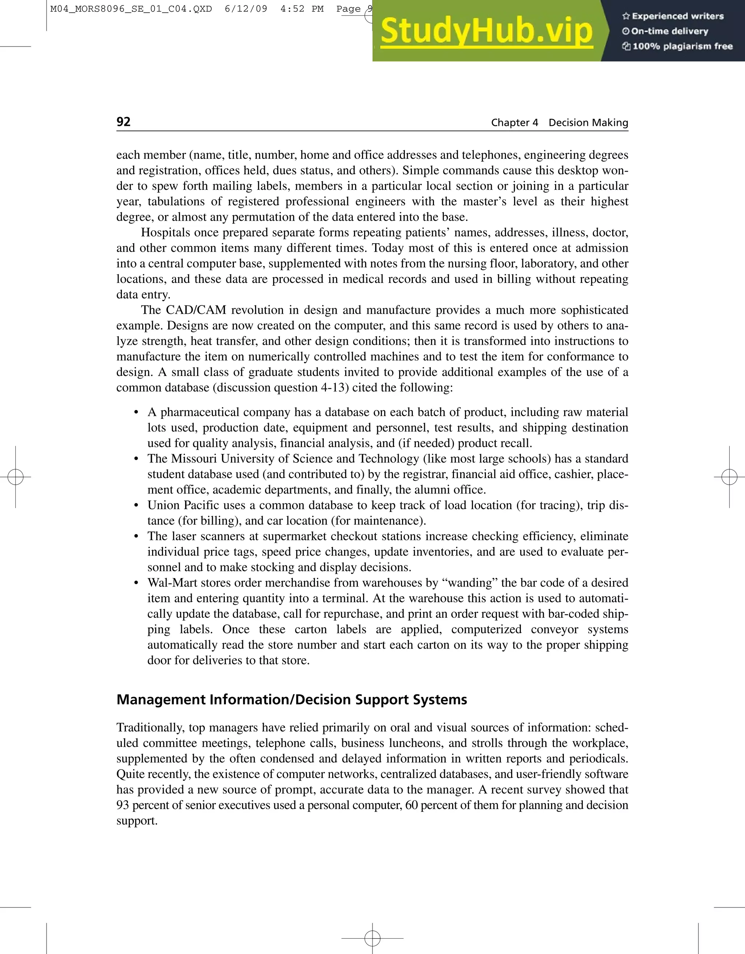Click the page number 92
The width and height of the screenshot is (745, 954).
[x=123, y=121]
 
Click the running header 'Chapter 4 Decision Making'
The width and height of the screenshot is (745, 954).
[x=559, y=123]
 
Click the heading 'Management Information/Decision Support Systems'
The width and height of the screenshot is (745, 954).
[x=291, y=700]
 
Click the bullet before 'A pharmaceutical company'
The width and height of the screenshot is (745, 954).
[x=136, y=413]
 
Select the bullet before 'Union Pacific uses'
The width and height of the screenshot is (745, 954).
[x=136, y=506]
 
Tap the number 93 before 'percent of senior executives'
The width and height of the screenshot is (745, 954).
[x=123, y=805]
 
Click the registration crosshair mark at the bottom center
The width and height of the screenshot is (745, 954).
[x=372, y=938]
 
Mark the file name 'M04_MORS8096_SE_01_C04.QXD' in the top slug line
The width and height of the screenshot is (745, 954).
[x=131, y=9]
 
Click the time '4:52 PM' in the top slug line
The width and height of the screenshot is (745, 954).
[x=302, y=9]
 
